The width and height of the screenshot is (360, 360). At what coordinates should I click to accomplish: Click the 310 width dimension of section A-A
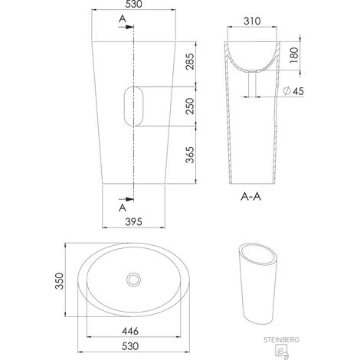click(x=252, y=21)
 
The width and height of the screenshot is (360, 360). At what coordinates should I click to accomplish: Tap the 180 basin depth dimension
click(x=294, y=55)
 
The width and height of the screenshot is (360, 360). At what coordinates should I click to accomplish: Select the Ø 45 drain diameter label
click(x=293, y=91)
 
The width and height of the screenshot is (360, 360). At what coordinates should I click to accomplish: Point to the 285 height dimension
click(x=190, y=61)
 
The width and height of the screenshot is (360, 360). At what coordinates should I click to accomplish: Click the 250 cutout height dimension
click(x=190, y=106)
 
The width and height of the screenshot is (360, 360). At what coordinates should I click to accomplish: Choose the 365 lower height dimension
click(x=190, y=155)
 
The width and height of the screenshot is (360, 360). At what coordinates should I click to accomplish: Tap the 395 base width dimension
click(x=134, y=221)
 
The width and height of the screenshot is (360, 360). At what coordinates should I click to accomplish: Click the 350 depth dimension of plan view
click(x=59, y=281)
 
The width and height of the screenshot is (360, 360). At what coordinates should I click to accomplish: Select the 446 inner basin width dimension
click(x=130, y=331)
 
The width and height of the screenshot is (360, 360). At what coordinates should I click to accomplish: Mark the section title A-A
click(x=251, y=197)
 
